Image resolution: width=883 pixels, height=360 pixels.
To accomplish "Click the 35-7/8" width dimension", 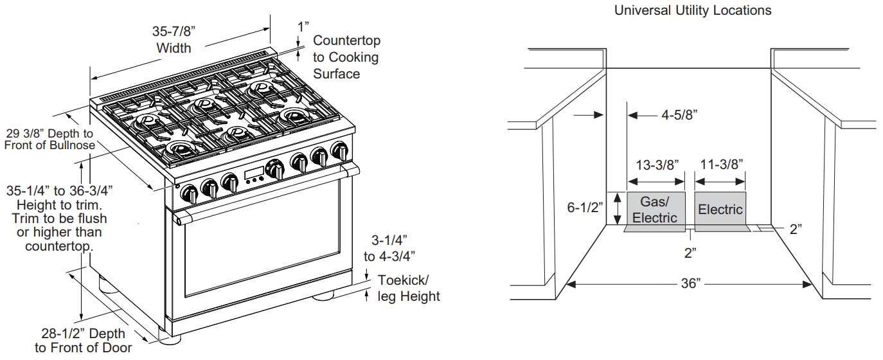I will [174, 39].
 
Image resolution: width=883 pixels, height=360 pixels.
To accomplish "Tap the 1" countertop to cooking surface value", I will [303, 26].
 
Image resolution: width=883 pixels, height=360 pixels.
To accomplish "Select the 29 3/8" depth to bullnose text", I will [49, 139].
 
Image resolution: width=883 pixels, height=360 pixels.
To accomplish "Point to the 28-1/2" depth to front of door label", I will [84, 341].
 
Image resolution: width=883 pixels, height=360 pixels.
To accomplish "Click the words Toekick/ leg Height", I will [409, 288].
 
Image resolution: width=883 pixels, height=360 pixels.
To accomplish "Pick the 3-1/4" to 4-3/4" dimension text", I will [389, 248].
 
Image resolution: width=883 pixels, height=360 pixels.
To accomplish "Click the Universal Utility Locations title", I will [693, 10].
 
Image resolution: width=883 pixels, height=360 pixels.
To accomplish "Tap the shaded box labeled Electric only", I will [720, 209].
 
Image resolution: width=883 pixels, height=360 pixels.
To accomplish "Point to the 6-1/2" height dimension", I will [585, 208].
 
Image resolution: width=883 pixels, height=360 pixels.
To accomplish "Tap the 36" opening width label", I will [690, 283].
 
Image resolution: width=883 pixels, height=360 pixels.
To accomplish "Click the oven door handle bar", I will [263, 193].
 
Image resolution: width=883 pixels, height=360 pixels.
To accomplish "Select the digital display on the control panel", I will [253, 174].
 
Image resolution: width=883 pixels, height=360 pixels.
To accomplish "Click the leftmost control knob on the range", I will [190, 192].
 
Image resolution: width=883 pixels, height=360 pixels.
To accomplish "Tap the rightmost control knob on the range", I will [339, 152].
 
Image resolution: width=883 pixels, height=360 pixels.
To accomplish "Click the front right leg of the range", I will [323, 296].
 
